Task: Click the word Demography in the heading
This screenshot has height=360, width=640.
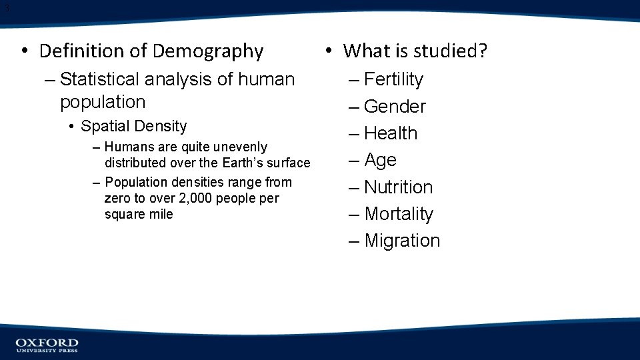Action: pos(208,51)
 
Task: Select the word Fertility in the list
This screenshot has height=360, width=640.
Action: pos(393,79)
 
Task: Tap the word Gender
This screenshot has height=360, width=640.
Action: pos(395,107)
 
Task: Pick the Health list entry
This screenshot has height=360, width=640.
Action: pos(391,133)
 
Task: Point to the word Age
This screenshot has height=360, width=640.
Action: pos(380,160)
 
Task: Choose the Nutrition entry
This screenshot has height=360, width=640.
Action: pos(398,187)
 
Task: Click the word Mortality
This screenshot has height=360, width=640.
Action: pos(399,214)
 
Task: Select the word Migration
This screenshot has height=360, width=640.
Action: pos(402,241)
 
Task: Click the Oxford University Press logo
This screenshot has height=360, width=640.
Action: pos(47,345)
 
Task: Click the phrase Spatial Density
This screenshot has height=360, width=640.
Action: pos(133,126)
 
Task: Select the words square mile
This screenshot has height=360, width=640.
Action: pos(139,214)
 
